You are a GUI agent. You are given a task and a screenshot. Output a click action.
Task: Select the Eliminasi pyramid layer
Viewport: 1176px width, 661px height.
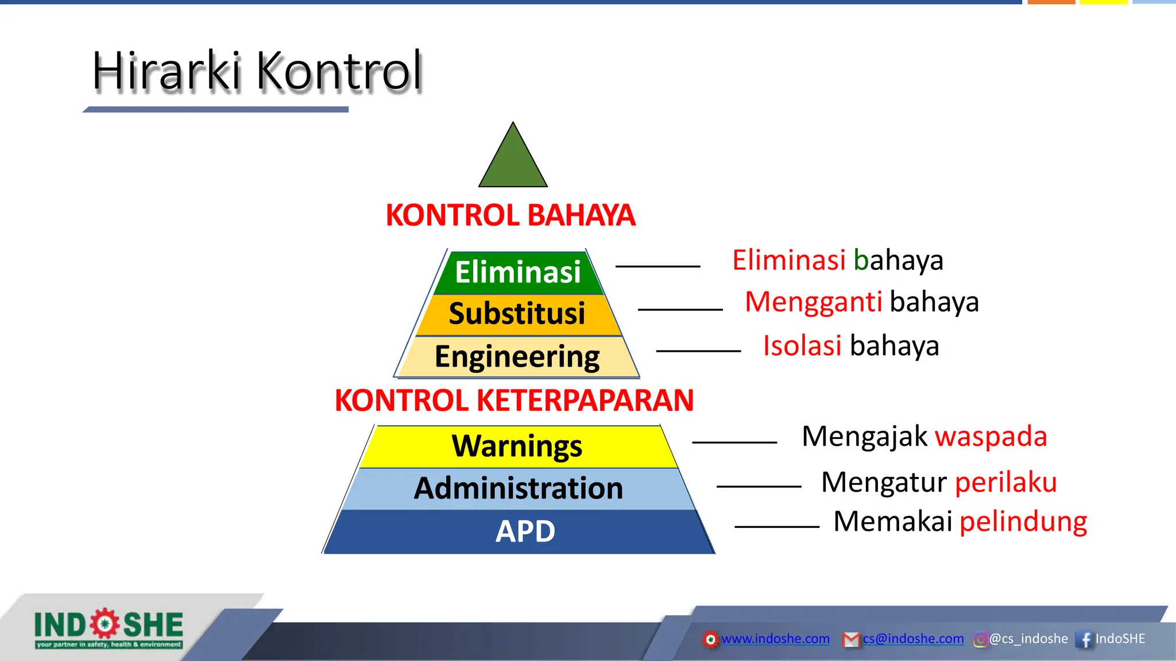[517, 273]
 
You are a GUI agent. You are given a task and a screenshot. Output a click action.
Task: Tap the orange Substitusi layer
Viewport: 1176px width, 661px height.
[517, 314]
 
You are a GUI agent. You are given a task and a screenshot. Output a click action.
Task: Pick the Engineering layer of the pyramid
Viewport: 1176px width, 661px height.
[517, 357]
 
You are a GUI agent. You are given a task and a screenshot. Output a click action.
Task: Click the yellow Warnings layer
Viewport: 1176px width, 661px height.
[517, 446]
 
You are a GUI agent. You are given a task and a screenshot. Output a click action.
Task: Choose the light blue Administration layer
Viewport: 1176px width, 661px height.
[519, 489]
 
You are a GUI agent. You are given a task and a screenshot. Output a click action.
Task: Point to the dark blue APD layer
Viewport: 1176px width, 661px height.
[525, 532]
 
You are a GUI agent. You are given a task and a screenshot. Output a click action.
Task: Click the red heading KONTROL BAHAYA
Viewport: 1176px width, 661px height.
[510, 216]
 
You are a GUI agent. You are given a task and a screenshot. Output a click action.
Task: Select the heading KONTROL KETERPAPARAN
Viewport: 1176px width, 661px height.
[514, 401]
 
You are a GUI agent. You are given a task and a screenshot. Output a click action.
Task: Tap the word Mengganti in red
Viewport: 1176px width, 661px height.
[813, 302]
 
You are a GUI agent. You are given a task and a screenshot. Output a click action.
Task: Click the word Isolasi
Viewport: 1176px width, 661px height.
[802, 346]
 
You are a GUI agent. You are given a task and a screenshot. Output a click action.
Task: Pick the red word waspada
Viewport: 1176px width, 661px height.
[991, 437]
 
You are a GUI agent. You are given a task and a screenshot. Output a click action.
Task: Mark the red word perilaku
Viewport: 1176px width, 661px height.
[1005, 482]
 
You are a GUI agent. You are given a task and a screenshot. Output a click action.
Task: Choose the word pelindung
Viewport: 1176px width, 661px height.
[1023, 522]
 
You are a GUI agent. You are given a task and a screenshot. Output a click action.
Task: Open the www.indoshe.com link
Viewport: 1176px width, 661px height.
[775, 639]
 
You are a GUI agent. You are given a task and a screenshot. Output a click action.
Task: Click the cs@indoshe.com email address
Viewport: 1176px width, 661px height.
[913, 639]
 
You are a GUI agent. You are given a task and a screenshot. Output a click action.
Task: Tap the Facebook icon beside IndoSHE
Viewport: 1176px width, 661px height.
[1084, 639]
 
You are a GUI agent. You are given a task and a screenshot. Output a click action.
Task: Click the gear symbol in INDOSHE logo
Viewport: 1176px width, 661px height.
[105, 624]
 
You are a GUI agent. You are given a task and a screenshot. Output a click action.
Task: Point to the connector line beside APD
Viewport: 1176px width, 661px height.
[776, 526]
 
